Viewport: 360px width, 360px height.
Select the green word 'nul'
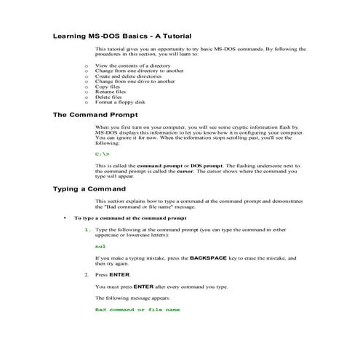coord(100,247)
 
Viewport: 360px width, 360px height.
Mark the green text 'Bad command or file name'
coord(137,310)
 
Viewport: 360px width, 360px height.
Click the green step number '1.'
coord(88,230)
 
